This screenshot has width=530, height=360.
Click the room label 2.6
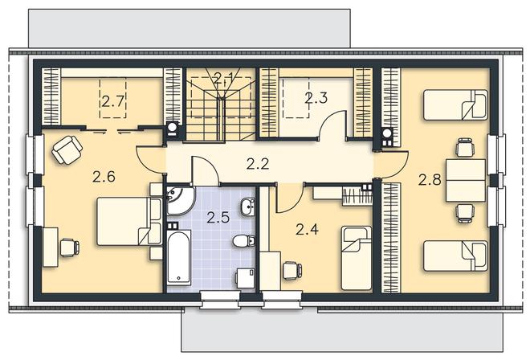[x=104, y=177]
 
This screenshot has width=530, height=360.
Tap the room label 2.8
[x=430, y=180]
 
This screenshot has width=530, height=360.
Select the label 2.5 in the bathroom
[x=218, y=218]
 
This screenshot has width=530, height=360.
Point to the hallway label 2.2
[x=258, y=164]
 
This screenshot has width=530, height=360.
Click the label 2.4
[x=307, y=230]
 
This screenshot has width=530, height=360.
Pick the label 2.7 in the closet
[x=113, y=101]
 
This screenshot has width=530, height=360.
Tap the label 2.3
[x=316, y=98]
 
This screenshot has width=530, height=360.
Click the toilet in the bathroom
[x=243, y=241]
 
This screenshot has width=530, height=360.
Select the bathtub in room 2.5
[x=179, y=256]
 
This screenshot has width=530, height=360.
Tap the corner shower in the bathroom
[x=178, y=199]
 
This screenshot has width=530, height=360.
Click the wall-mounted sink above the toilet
[x=248, y=207]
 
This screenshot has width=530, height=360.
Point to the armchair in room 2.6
[x=67, y=149]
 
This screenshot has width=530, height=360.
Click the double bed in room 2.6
[x=128, y=221]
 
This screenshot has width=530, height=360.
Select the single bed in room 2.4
[x=357, y=258]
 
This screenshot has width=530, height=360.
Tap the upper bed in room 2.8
[x=455, y=105]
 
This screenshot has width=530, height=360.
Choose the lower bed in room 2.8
[x=455, y=256]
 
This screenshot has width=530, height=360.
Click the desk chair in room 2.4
[x=292, y=271]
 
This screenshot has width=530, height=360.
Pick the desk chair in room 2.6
[x=70, y=247]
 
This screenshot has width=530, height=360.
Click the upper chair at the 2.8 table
[x=464, y=147]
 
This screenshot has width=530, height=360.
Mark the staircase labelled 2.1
[x=220, y=104]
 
